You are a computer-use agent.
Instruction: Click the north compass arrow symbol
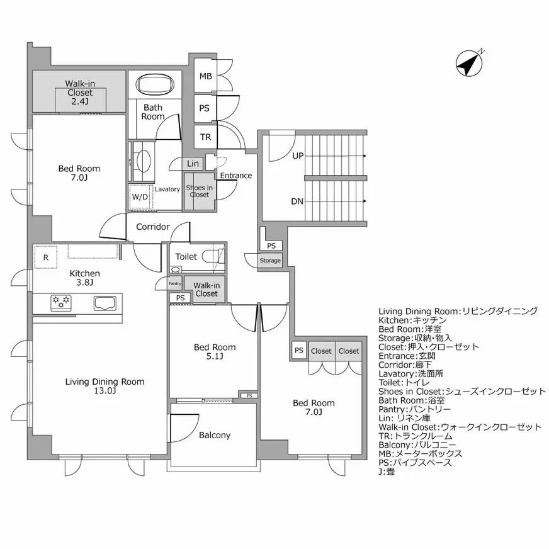coord(470,63)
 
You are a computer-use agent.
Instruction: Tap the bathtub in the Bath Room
coord(155,84)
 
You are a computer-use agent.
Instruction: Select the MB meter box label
coord(205,76)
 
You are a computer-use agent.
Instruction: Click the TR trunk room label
coord(205,137)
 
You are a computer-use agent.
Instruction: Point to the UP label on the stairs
coord(298,156)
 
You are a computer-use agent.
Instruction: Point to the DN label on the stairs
coord(297,201)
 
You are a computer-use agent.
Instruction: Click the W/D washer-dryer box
coord(140,197)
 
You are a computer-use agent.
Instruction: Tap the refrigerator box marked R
coord(45,258)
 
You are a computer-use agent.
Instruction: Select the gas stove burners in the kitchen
coord(61,302)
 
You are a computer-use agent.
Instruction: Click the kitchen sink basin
coord(105,303)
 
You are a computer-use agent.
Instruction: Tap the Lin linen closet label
coord(193,164)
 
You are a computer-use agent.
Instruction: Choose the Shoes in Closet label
coord(199,191)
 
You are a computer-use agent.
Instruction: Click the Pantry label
coord(175,283)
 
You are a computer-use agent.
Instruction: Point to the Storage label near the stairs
coord(270,260)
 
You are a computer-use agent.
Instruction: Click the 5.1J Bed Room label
coord(215,352)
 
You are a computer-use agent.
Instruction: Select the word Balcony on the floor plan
coord(215,435)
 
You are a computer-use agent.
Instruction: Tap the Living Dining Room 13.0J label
coord(105,386)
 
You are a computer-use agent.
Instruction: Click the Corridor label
coord(152,227)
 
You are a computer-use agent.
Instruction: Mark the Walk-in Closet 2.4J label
coord(80,93)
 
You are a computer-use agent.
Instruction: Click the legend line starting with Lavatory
coord(410,374)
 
